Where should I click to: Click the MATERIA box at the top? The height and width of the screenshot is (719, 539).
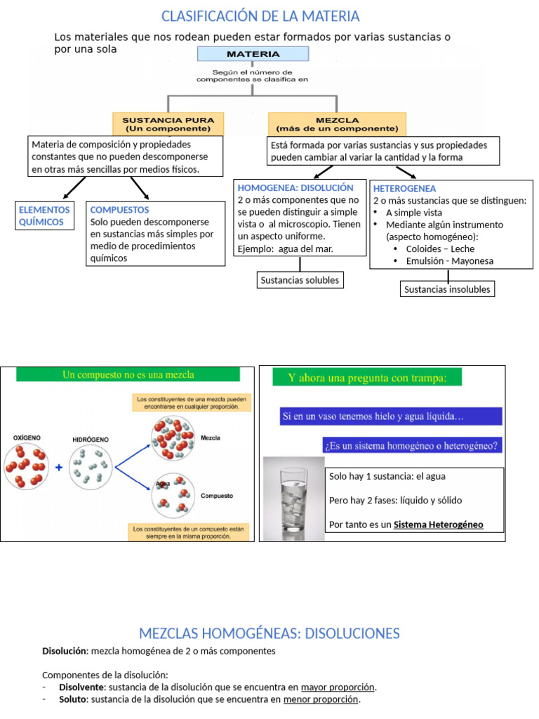pos(253,54)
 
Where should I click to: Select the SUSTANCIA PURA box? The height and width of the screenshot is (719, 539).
pos(168,124)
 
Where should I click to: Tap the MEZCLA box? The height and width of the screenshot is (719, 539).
pos(337,124)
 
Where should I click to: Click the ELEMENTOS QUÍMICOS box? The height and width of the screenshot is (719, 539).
pos(44,216)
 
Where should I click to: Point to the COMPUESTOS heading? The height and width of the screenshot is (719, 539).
pos(119,210)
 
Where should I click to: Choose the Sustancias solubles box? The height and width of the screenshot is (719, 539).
pos(300,280)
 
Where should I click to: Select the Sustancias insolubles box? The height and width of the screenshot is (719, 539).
pos(447,289)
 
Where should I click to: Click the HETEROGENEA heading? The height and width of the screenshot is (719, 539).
pos(405,189)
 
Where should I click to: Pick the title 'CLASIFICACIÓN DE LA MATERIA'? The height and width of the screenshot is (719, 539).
pos(260,16)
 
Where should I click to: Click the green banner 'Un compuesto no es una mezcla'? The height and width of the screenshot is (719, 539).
pos(128,375)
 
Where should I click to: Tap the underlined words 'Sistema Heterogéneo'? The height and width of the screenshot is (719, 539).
pos(438,525)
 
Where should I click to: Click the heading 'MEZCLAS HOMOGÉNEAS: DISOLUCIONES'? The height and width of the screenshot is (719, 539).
pos(269,633)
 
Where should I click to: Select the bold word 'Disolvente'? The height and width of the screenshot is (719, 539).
pos(82,687)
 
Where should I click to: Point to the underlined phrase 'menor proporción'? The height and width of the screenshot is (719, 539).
pos(321,699)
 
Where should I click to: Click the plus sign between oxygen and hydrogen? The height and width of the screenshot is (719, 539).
pos(58,467)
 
